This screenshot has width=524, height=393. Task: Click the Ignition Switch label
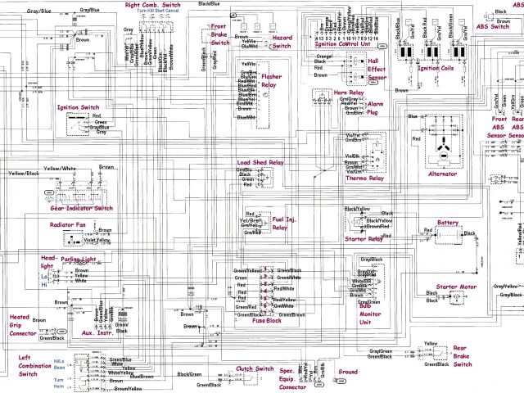click(x=79, y=107)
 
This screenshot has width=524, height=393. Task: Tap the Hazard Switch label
click(x=282, y=42)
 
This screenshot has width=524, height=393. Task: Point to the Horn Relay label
click(x=329, y=93)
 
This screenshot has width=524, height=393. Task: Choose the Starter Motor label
click(x=456, y=287)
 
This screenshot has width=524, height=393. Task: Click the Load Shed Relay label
click(x=260, y=162)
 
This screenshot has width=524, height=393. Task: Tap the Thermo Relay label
click(x=365, y=178)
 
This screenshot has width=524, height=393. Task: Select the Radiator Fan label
click(x=68, y=224)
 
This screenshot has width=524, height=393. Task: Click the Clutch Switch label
click(x=255, y=369)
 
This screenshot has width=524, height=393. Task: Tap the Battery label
click(x=448, y=222)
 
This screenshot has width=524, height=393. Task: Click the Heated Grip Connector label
click(x=21, y=325)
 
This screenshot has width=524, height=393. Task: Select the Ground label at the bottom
click(x=347, y=372)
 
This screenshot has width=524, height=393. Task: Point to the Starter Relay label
click(x=364, y=239)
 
